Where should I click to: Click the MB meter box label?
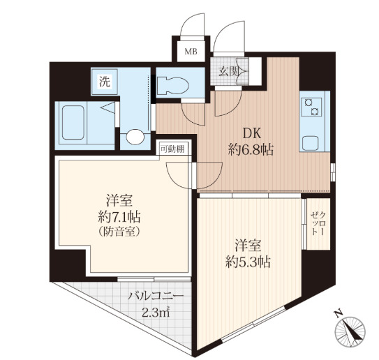(191, 52)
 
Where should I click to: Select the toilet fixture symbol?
(173, 85)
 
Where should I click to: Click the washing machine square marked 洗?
(105, 82)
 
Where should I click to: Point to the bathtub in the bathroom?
(73, 123)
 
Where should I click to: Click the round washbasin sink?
(135, 137)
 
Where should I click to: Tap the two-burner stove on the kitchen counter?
(311, 107)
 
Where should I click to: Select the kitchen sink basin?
(310, 143)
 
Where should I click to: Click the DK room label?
(251, 134)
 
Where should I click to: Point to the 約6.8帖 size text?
(251, 150)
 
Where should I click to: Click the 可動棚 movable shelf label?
(172, 149)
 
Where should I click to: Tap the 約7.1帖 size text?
(119, 217)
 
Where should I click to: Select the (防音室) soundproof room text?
(119, 232)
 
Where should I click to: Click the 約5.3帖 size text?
(248, 262)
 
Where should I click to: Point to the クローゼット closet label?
(318, 223)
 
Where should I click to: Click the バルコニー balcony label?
(156, 297)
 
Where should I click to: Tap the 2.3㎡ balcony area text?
(156, 313)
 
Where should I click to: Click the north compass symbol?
(350, 331)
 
